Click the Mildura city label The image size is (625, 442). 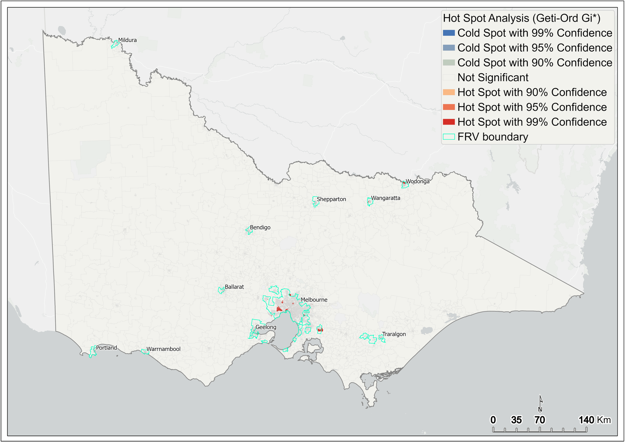[127, 40]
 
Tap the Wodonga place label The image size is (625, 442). [417, 182]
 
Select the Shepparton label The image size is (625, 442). [331, 199]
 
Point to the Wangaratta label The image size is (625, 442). [385, 198]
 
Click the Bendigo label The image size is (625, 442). [260, 228]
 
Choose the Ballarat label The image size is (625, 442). [234, 287]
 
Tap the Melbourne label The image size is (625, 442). [314, 300]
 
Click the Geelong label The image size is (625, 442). [266, 327]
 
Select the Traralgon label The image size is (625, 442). [394, 334]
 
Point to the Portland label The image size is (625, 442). [106, 348]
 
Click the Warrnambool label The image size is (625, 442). [163, 349]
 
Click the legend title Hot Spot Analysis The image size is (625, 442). [521, 18]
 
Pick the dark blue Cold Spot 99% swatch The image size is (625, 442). [448, 33]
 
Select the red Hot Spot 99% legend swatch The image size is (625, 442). [448, 122]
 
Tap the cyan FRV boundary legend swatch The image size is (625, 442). [448, 137]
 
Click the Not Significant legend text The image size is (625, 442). [493, 78]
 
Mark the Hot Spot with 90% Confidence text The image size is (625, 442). [532, 92]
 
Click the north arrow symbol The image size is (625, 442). [540, 403]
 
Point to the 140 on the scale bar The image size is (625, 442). [586, 420]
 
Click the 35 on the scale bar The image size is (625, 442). [516, 420]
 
